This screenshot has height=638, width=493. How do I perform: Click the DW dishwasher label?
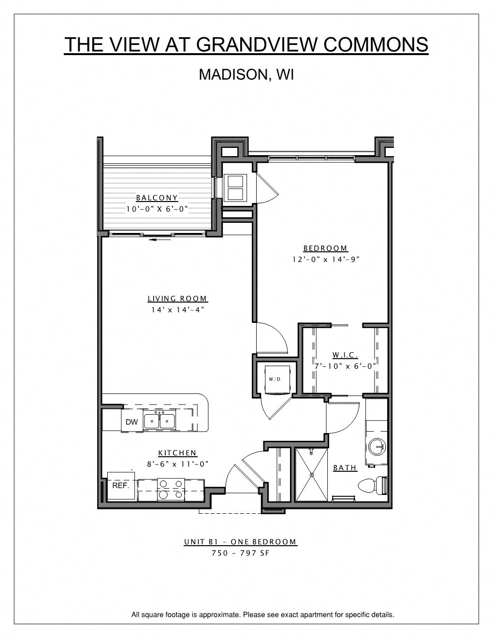point(131,422)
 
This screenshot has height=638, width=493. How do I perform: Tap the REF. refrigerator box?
point(121,486)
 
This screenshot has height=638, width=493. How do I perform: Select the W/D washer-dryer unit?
point(275,379)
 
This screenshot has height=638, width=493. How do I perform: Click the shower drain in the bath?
point(312,475)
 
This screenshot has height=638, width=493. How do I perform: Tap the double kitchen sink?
point(159,421)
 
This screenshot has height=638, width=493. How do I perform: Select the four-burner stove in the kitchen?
point(171,489)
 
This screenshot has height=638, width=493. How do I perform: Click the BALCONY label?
point(157,198)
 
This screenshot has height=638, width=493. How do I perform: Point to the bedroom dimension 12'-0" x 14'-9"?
point(326,260)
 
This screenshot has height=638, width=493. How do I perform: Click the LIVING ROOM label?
point(177,299)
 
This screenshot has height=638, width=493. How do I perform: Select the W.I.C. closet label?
point(345,355)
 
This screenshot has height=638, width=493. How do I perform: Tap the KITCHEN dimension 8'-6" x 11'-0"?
point(177,464)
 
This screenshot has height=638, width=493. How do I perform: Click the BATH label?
point(345,468)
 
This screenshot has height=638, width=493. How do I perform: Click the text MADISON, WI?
point(246,74)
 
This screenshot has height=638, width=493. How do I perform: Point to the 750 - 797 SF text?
point(240,553)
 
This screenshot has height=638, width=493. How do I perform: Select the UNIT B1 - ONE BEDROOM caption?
point(240,542)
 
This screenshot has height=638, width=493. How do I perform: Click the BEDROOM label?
point(325,248)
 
